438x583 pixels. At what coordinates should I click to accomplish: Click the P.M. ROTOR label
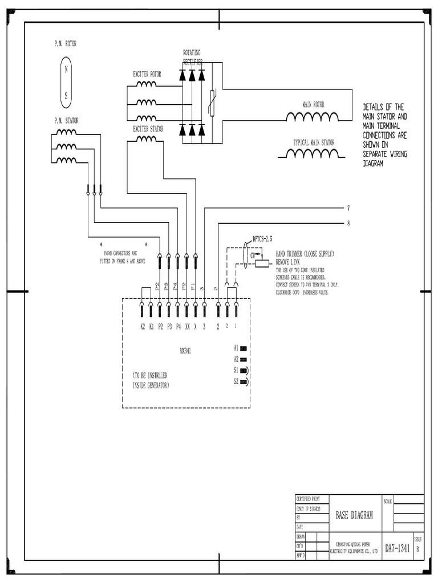[65, 43]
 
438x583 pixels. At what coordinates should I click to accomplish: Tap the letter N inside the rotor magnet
[66, 69]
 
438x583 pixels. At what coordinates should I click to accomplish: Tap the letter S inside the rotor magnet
[66, 96]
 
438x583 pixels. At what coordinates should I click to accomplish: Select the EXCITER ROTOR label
[147, 74]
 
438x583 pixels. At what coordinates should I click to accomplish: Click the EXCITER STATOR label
[148, 129]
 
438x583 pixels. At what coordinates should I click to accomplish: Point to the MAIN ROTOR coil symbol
[312, 117]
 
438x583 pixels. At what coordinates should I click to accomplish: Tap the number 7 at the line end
[348, 207]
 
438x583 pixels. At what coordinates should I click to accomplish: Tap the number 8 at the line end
[348, 223]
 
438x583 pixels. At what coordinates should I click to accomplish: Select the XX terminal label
[187, 327]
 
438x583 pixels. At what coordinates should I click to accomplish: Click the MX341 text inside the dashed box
[185, 351]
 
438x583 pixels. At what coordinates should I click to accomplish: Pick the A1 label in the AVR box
[236, 347]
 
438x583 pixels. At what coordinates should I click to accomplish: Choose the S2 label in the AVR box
[236, 381]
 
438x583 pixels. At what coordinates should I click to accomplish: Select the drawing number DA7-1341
[398, 549]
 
